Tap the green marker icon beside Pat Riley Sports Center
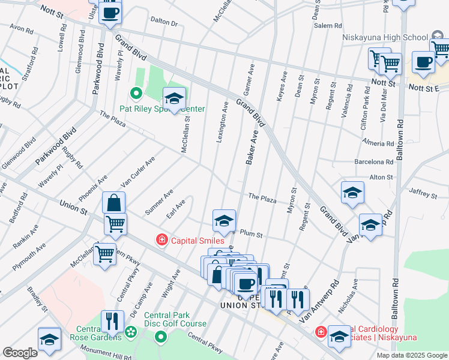[135, 94]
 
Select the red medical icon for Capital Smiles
[161, 241]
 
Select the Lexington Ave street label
[222, 122]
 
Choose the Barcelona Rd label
[373, 162]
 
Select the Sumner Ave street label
[159, 202]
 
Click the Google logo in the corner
[20, 353]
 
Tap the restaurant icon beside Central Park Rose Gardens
[112, 321]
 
